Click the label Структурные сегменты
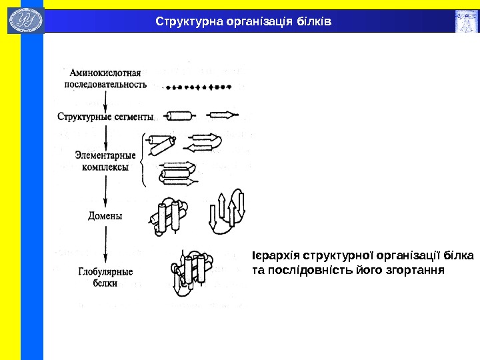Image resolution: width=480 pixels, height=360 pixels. pos(105,116)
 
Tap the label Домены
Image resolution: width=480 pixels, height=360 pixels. pos(105,215)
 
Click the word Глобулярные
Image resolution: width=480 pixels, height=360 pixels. pos(105,271)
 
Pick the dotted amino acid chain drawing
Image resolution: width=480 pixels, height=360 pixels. pos(198,86)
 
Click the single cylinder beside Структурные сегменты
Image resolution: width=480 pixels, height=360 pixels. pos(182,115)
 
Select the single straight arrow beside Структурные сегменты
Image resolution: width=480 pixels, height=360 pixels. pos(223,115)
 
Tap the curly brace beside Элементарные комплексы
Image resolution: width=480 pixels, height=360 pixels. pos(144,160)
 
